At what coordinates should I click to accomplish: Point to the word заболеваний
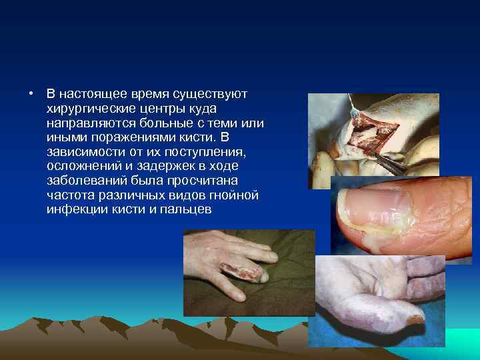[x=85, y=181]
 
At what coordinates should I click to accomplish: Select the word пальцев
[x=187, y=210]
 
